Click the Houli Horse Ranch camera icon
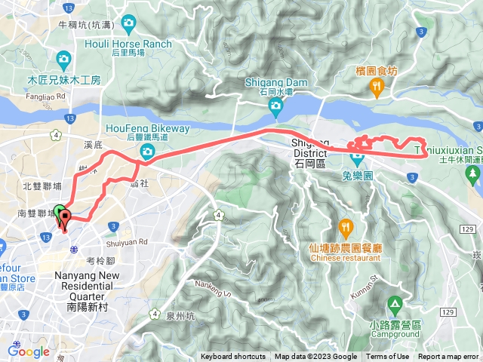click(128, 23)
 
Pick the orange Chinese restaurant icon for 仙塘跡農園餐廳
click(345, 225)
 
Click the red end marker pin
click(65, 219)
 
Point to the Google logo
click(28, 350)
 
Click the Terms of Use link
click(388, 357)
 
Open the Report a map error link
click(449, 357)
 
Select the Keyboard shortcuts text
click(232, 357)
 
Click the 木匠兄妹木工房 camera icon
click(63, 58)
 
